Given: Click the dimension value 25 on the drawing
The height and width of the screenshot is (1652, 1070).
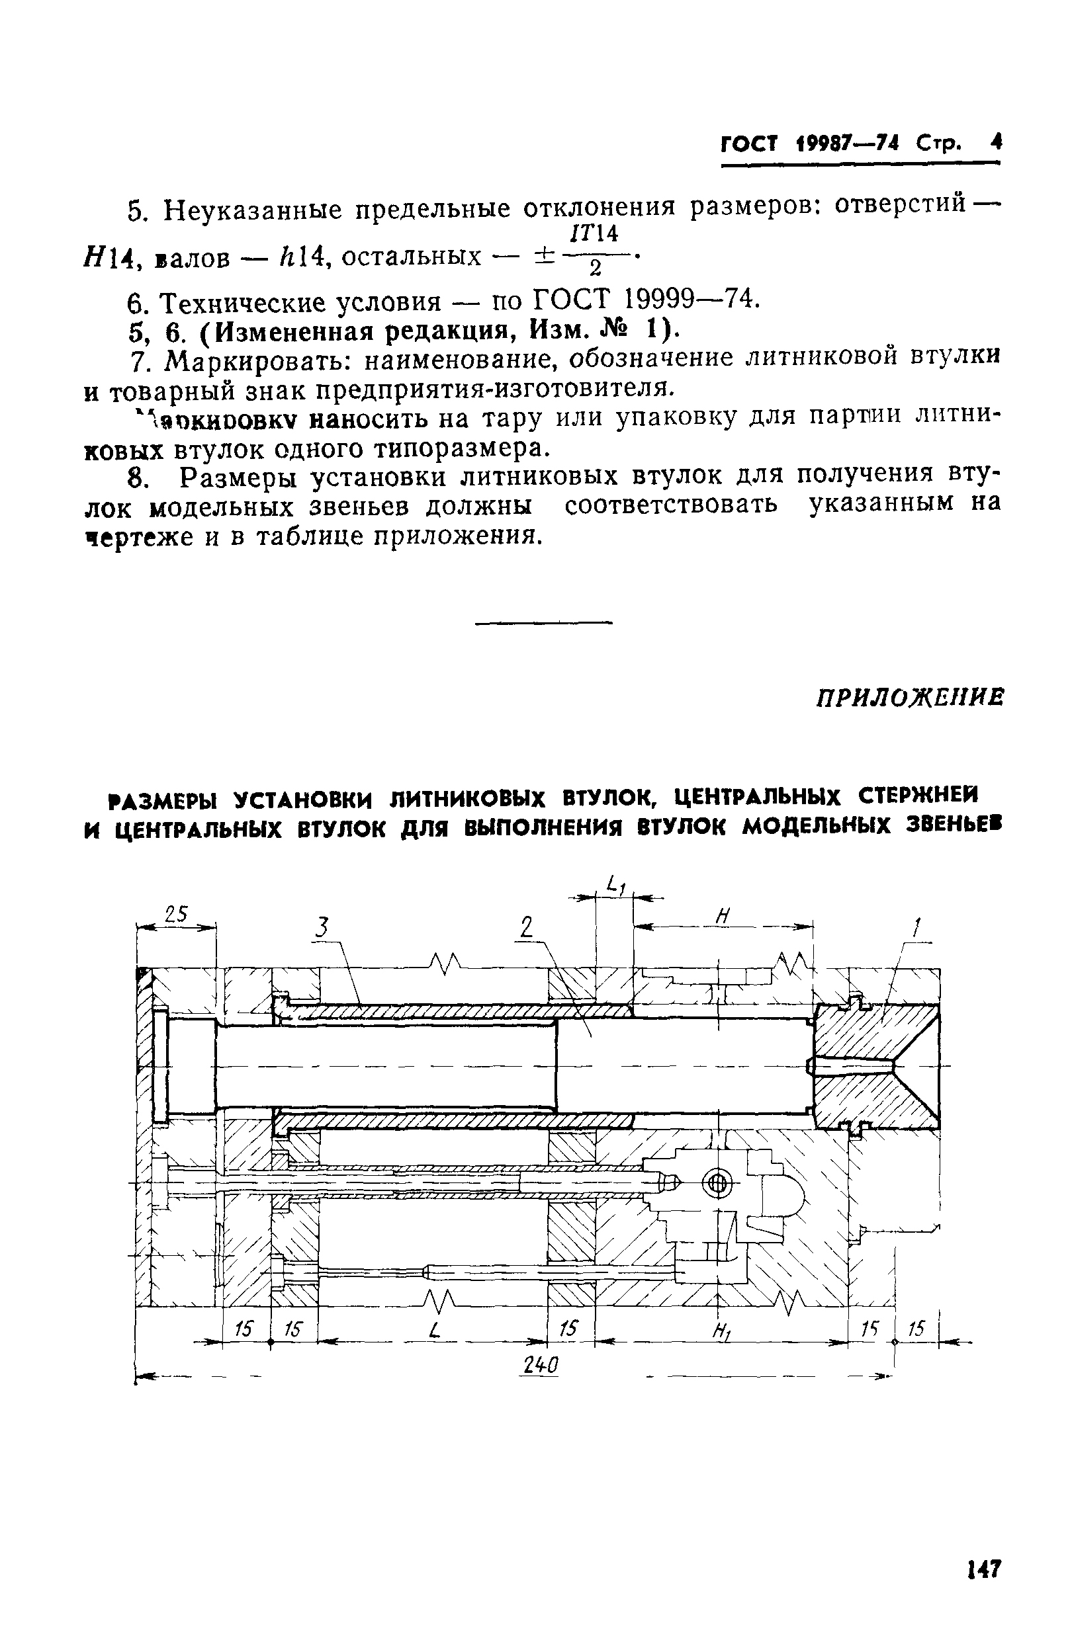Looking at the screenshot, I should coord(177,914).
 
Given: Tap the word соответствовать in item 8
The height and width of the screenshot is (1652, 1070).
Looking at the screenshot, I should coord(671,503).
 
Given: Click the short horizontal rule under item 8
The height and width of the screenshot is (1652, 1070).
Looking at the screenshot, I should coord(544,622).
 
